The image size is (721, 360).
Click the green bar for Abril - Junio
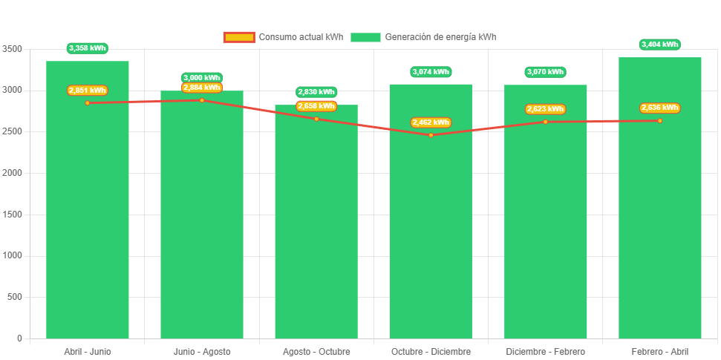pos(88,223)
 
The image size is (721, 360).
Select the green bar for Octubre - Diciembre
pos(431,238)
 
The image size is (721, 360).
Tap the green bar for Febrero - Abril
pos(659,223)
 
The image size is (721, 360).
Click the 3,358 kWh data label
pos(88,48)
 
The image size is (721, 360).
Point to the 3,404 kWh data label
pos(659,45)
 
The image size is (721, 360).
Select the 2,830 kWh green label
pos(316,92)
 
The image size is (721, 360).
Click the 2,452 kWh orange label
pos(431,122)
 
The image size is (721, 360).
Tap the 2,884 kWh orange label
pos(202,88)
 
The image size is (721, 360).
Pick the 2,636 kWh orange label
pos(659,108)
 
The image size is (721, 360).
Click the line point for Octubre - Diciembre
pos(431,135)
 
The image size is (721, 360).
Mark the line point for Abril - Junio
pos(88,102)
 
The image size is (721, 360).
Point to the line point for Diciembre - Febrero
pos(545,122)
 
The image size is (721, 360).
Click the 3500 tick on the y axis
pos(13,49)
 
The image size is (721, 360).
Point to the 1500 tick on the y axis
pos(13,215)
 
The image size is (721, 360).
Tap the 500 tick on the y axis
pos(15,297)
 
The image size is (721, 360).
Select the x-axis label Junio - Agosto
pos(202,351)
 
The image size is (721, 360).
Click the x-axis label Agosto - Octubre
pos(316,351)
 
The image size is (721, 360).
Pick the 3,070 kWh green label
pos(545,72)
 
